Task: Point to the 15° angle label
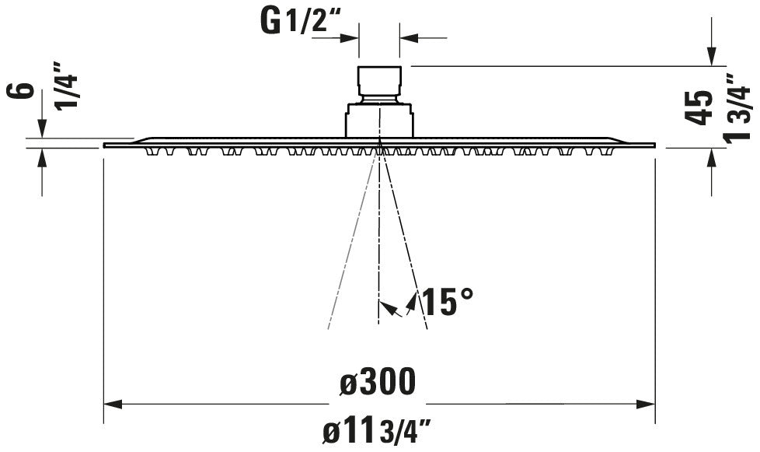pyautogui.click(x=447, y=301)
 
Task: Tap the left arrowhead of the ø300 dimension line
pyautogui.click(x=113, y=404)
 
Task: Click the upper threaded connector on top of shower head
pyautogui.click(x=379, y=83)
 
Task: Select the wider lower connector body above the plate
pyautogui.click(x=379, y=121)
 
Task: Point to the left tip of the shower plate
pyautogui.click(x=106, y=145)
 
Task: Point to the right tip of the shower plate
pyautogui.click(x=654, y=145)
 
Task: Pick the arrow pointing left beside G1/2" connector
pyautogui.click(x=410, y=37)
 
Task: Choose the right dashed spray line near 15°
pyautogui.click(x=406, y=241)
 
